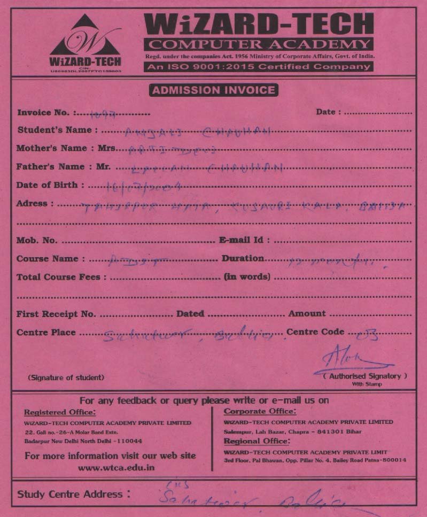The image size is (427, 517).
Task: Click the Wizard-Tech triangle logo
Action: click(x=86, y=43)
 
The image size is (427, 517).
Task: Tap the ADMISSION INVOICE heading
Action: click(x=214, y=90)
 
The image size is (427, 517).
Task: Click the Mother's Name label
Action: click(x=59, y=148)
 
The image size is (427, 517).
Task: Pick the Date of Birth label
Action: click(x=50, y=186)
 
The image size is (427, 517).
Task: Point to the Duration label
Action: click(x=243, y=258)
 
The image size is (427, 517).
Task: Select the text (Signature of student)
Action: click(x=66, y=377)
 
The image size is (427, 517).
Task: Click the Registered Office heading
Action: click(x=60, y=412)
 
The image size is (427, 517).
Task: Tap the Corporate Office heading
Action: click(x=259, y=411)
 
